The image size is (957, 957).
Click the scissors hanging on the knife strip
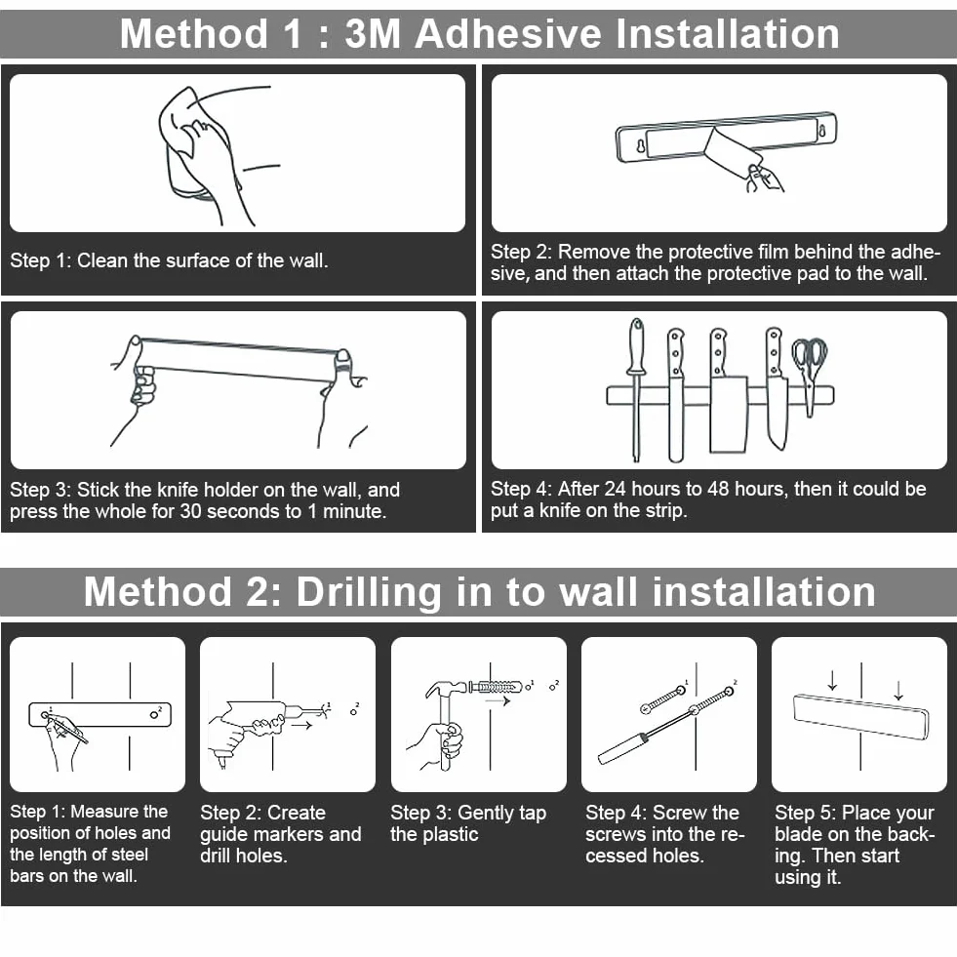[x=810, y=374]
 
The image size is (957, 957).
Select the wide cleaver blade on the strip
[x=728, y=414]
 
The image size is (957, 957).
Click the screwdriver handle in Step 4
[x=620, y=748]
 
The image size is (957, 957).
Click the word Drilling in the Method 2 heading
[x=368, y=592]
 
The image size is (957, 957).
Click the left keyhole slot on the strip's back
[x=640, y=146]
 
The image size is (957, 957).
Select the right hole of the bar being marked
[x=154, y=714]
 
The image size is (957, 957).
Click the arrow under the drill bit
[x=302, y=725]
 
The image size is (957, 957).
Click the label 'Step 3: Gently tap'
[x=468, y=813]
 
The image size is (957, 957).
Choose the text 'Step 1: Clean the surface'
[x=120, y=260]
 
